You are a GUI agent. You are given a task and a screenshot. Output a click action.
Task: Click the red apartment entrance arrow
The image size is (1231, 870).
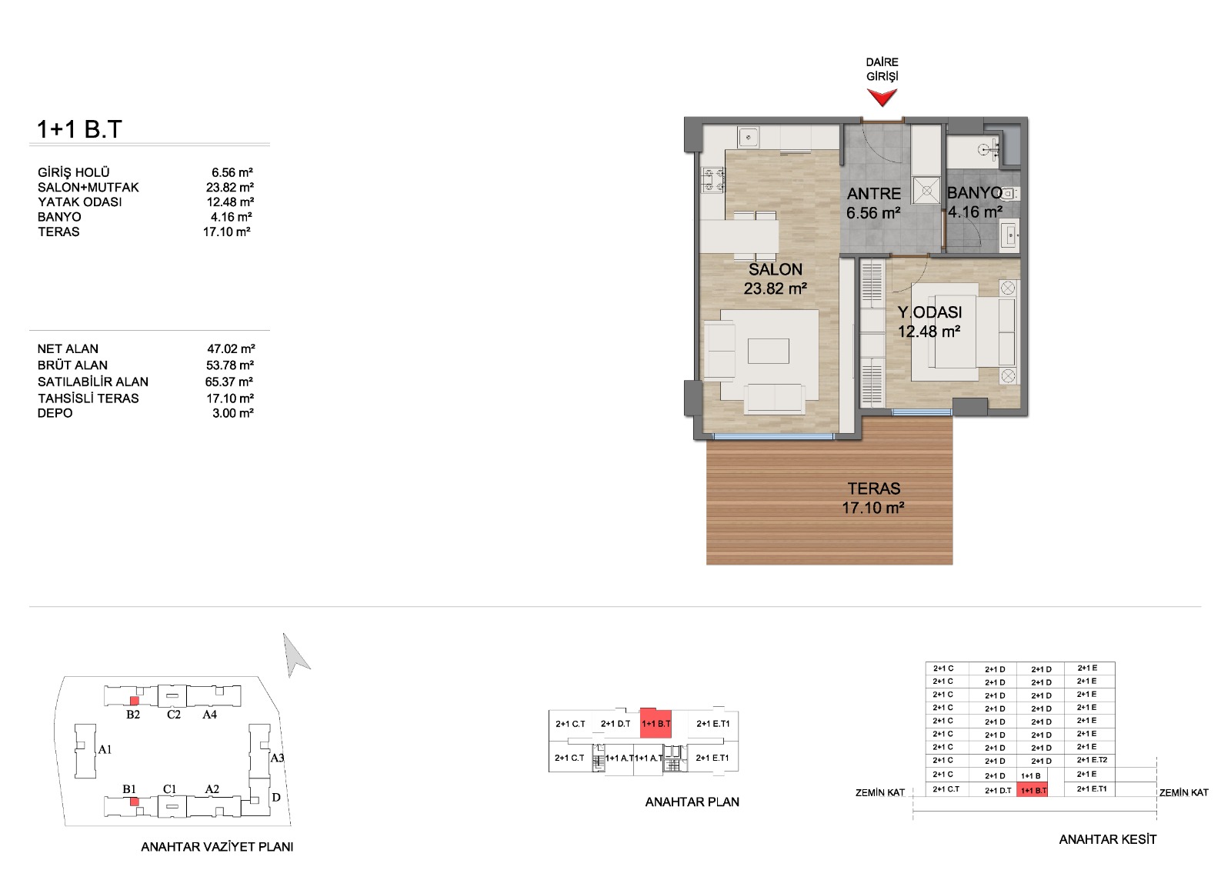[x=882, y=97]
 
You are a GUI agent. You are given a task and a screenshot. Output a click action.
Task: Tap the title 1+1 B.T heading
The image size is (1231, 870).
[x=79, y=129]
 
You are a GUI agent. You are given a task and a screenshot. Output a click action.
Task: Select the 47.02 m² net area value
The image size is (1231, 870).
[x=231, y=348]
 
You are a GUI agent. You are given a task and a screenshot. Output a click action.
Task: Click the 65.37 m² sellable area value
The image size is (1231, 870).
[x=229, y=382]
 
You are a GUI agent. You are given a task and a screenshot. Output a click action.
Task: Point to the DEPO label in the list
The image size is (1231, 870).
[x=55, y=413]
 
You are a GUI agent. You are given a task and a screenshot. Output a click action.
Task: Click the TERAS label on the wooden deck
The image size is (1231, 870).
[x=874, y=488]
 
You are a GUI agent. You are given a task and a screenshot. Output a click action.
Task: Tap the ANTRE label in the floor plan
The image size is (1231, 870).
[x=874, y=193]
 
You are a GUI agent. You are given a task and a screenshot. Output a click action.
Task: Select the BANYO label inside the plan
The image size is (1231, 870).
[x=974, y=192]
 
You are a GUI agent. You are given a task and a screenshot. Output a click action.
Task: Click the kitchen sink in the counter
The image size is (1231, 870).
[x=748, y=137]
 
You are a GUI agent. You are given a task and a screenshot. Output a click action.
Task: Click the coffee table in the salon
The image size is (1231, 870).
[x=769, y=351]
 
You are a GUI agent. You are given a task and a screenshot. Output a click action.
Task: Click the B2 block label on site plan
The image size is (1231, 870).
[x=133, y=715]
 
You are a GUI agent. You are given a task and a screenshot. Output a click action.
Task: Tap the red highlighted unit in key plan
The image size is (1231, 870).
[x=656, y=722]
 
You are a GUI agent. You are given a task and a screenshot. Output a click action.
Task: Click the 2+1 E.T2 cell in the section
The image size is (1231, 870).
[x=1092, y=760]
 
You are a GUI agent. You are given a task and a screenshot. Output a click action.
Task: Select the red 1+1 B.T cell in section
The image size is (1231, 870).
[x=1032, y=789]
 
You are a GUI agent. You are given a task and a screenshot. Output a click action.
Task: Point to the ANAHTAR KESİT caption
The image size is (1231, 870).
[x=1107, y=839]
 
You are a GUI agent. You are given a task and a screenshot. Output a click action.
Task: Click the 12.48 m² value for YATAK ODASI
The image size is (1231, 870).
[x=230, y=202]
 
